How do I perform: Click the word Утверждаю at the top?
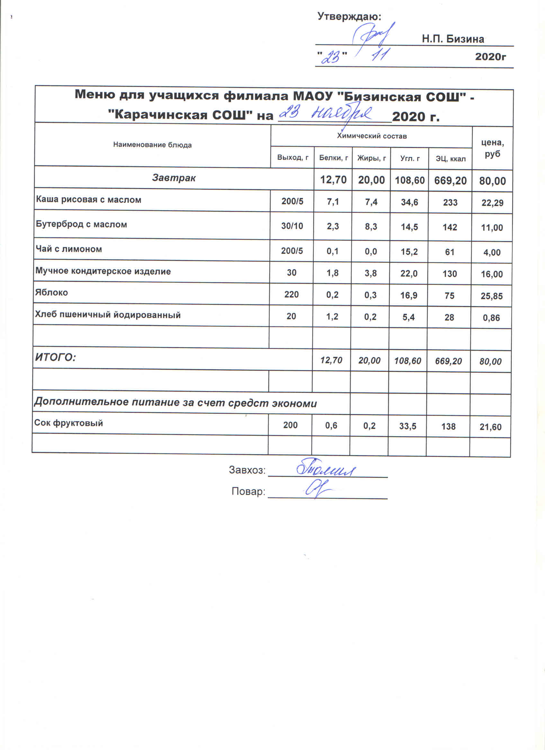point(349,16)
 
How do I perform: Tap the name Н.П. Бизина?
point(452,39)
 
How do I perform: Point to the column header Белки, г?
point(333,158)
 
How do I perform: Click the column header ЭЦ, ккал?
point(450,159)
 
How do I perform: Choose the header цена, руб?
point(492,148)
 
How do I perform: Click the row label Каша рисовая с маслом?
point(89,200)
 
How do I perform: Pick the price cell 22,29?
point(492,203)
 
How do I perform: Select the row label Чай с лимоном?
point(69,249)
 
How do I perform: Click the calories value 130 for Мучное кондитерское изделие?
point(450,274)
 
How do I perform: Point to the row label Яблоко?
point(52,293)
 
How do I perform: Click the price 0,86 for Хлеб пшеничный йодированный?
point(491,318)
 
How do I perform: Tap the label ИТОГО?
point(56,357)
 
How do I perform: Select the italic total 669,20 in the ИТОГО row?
point(448,361)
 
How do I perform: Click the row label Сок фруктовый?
point(69,423)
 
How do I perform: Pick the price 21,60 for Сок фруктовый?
point(491,427)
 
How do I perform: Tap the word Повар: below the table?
point(248,492)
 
